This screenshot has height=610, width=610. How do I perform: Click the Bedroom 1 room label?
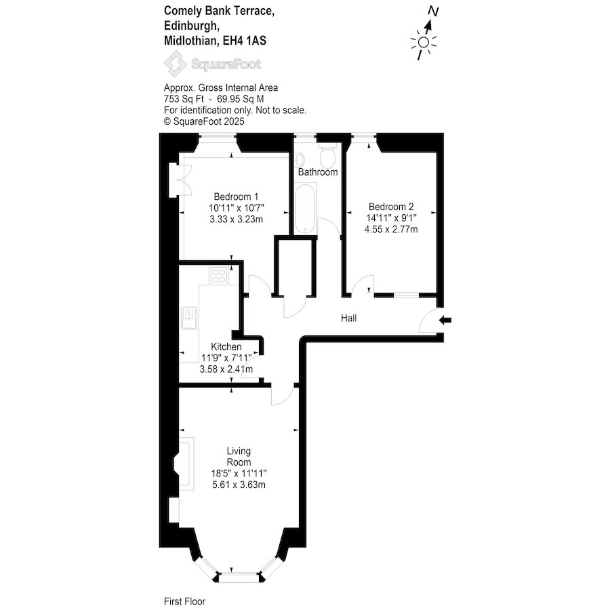[x=236, y=197]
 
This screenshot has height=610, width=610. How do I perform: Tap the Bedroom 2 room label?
[x=391, y=207]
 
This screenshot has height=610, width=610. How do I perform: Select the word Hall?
[x=348, y=319]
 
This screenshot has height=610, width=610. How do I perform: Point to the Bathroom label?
[x=317, y=172]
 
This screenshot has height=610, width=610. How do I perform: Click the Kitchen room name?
[x=226, y=346]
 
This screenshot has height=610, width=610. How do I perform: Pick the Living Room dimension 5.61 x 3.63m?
[x=239, y=485]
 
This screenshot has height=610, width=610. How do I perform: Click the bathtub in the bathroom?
[x=306, y=209]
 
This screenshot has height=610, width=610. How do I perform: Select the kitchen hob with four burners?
[x=219, y=275]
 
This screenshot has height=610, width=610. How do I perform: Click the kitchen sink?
[x=189, y=319]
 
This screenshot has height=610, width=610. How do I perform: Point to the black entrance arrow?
[x=445, y=320]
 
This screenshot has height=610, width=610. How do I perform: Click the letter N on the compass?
[x=433, y=12]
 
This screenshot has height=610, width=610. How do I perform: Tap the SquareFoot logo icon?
[x=175, y=64]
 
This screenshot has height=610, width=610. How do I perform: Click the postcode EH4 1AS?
[x=244, y=41]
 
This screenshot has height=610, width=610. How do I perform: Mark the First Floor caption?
[x=184, y=601]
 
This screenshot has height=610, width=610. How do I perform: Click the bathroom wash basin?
[x=300, y=160]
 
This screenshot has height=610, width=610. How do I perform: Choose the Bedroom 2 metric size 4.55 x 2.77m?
[x=391, y=229]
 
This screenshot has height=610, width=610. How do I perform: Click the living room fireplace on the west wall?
[x=185, y=464]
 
